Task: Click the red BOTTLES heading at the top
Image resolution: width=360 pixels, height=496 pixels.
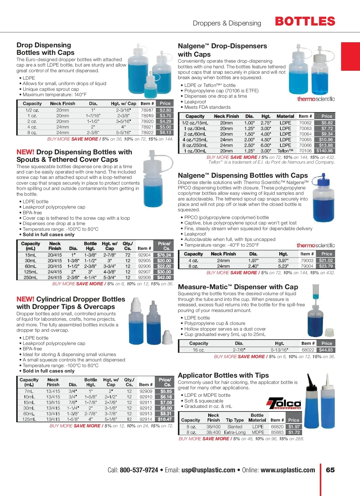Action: click(x=305, y=22)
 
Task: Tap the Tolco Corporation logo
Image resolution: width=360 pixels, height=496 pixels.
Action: click(x=284, y=403)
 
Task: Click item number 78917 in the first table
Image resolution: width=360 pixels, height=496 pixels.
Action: click(x=147, y=110)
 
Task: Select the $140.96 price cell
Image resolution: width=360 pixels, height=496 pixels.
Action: click(x=324, y=151)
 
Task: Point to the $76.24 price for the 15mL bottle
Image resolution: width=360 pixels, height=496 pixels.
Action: click(x=164, y=255)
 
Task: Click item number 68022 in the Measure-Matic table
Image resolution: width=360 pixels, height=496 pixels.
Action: click(x=308, y=350)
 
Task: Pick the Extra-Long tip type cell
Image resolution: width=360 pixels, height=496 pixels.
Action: click(x=235, y=432)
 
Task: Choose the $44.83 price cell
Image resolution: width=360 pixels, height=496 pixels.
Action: click(x=326, y=350)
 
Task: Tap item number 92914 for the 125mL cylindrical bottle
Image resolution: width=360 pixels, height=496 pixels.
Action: click(x=146, y=419)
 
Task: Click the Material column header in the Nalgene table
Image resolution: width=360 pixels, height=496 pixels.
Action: click(x=285, y=116)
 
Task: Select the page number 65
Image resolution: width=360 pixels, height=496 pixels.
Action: click(x=330, y=470)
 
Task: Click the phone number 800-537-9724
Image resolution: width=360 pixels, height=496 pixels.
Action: click(x=139, y=470)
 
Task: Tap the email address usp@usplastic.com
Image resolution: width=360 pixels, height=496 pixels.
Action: click(x=208, y=470)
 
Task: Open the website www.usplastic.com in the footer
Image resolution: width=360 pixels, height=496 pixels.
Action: click(x=288, y=470)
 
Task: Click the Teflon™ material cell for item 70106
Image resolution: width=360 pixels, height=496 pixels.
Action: click(x=285, y=151)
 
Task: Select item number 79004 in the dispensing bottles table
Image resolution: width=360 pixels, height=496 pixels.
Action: click(x=307, y=266)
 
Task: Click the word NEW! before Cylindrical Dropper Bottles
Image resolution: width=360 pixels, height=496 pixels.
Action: click(x=25, y=299)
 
